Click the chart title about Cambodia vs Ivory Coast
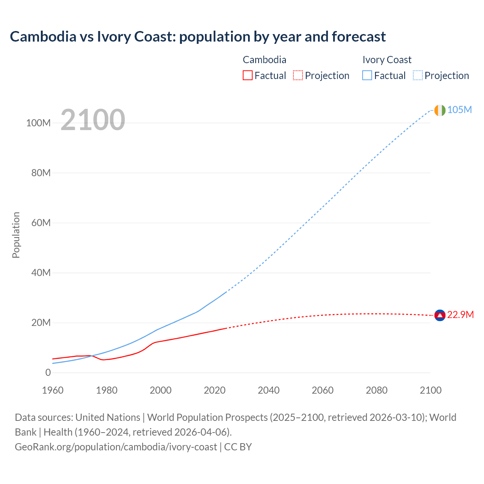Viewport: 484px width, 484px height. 198,37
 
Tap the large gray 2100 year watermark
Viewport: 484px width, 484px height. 93,120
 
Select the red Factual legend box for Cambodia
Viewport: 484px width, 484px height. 247,75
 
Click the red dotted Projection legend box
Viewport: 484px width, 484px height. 298,75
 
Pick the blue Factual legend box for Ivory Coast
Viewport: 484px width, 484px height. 367,75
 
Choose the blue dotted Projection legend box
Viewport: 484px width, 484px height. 417,75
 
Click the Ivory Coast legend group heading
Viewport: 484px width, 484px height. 387,60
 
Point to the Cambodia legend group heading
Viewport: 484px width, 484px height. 264,60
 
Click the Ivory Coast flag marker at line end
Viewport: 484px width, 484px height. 440,110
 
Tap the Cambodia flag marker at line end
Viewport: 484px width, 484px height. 440,315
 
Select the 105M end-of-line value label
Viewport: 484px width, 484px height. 459,110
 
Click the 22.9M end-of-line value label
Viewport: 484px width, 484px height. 460,315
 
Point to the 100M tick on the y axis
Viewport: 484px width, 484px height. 38,123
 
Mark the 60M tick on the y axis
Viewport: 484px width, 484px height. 41,223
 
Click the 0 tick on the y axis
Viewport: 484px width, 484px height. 48,372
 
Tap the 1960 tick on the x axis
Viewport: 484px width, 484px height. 53,390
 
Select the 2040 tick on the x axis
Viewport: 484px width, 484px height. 268,390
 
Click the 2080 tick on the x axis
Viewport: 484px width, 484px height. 377,390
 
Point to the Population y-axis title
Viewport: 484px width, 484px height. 16,235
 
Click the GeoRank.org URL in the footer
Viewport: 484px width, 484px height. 116,447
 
